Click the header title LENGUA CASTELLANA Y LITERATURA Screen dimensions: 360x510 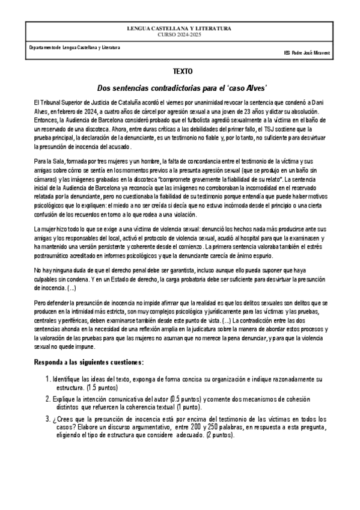point(180,29)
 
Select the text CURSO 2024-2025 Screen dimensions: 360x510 point(180,34)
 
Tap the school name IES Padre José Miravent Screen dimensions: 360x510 point(307,52)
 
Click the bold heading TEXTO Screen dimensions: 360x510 point(180,71)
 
